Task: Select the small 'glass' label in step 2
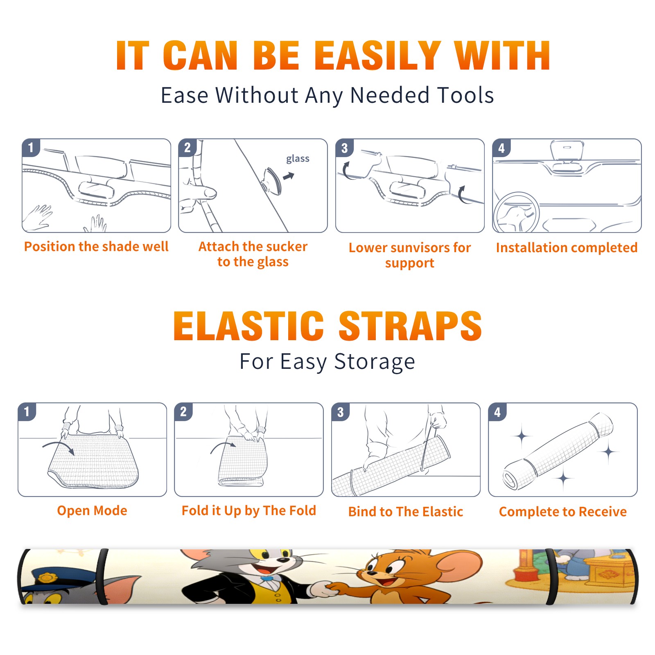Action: [298, 158]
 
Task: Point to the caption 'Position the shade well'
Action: [96, 246]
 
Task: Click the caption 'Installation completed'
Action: [567, 248]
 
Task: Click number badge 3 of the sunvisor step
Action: [345, 148]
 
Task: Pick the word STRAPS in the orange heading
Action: [410, 326]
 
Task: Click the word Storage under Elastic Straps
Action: [375, 362]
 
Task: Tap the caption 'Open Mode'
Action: [92, 510]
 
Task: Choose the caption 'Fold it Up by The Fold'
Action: [249, 510]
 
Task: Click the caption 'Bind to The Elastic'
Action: [406, 512]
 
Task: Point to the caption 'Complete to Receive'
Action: [563, 512]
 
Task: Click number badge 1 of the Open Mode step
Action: [27, 411]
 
